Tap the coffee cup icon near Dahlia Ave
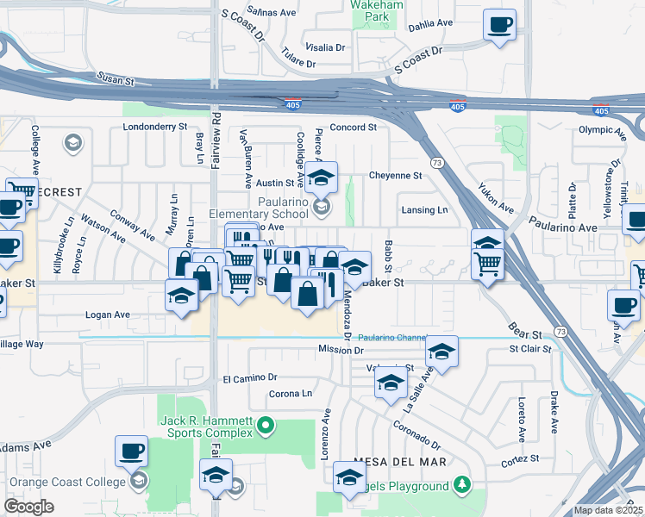tap(498, 24)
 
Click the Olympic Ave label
tap(600, 130)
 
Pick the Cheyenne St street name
tap(395, 175)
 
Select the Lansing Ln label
tap(425, 210)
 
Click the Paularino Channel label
tap(391, 338)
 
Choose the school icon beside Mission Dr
tap(441, 352)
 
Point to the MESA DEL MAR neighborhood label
tap(404, 462)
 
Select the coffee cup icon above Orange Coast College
tap(131, 451)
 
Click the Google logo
tap(28, 506)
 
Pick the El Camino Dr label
tap(249, 377)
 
